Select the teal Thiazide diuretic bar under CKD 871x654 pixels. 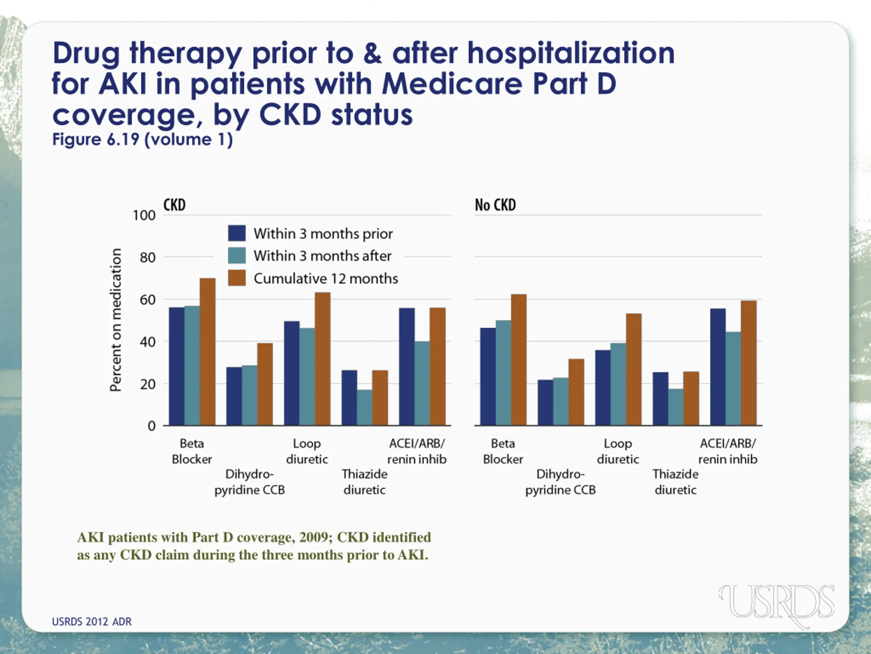tap(365, 407)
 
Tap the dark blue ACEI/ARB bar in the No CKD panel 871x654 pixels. tap(718, 367)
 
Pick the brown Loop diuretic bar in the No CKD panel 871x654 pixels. tap(634, 369)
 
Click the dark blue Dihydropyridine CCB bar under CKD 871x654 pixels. tap(234, 396)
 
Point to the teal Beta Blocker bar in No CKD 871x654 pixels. tap(503, 373)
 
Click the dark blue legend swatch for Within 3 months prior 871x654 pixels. tap(237, 233)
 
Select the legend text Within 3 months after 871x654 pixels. tap(323, 256)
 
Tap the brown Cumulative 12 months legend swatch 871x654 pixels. tap(237, 278)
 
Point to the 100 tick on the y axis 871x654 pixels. tap(144, 215)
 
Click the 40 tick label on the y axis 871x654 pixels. tap(147, 342)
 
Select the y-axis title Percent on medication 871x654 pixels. tap(115, 320)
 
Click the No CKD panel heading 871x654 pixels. tap(495, 205)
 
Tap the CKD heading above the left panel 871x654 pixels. tap(175, 205)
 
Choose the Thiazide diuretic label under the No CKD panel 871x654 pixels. tap(675, 482)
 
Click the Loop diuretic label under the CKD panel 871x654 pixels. tap(307, 451)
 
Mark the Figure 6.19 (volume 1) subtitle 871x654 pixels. tap(143, 139)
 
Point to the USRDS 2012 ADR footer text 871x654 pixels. tap(92, 621)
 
